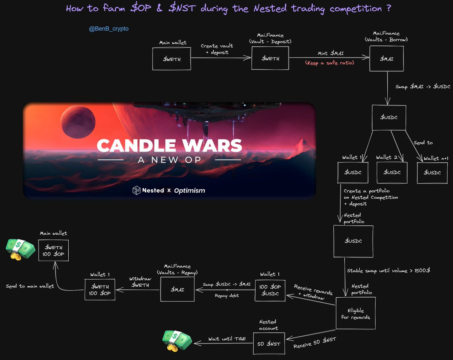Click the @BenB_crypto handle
pyautogui.click(x=109, y=29)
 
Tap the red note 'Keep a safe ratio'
pyautogui.click(x=330, y=63)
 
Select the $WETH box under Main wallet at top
pyautogui.click(x=171, y=59)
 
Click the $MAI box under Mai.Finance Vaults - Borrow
pyautogui.click(x=387, y=59)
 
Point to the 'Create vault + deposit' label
pyautogui.click(x=217, y=49)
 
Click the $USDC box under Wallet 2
pyautogui.click(x=392, y=173)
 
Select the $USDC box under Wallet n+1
pyautogui.click(x=432, y=173)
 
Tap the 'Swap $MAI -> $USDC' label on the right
pyautogui.click(x=423, y=87)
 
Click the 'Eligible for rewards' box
pyautogui.click(x=356, y=313)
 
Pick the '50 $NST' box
pyautogui.click(x=269, y=344)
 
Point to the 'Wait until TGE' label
pyautogui.click(x=227, y=339)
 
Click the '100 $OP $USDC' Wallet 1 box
pyautogui.click(x=270, y=290)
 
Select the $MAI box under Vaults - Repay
pyautogui.click(x=177, y=289)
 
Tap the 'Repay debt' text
pyautogui.click(x=227, y=295)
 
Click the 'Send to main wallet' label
pyautogui.click(x=30, y=286)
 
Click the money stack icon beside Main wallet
pyautogui.click(x=20, y=250)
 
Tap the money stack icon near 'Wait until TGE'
pyautogui.click(x=177, y=341)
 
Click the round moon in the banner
pyautogui.click(x=78, y=122)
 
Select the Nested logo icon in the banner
pyautogui.click(x=136, y=190)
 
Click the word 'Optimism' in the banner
pyautogui.click(x=190, y=191)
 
